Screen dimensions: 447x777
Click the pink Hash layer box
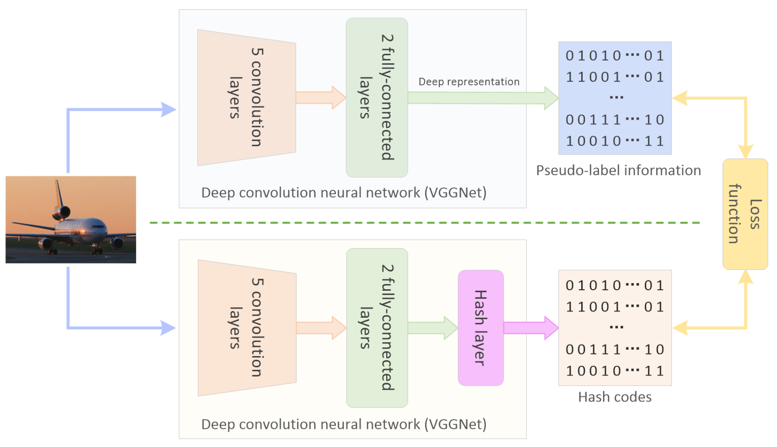(480, 328)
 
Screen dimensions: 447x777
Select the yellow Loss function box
(745, 214)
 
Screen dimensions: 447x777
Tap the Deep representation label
(469, 82)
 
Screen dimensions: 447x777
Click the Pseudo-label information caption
(618, 170)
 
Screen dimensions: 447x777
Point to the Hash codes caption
(614, 397)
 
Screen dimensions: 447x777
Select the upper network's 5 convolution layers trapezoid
(246, 98)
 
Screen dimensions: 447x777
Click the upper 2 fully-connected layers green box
(377, 98)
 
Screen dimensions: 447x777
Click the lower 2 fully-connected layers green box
(377, 328)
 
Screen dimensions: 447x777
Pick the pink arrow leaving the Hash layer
(530, 328)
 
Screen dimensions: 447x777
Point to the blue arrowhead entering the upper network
(168, 110)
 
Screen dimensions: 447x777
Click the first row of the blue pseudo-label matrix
(614, 56)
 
